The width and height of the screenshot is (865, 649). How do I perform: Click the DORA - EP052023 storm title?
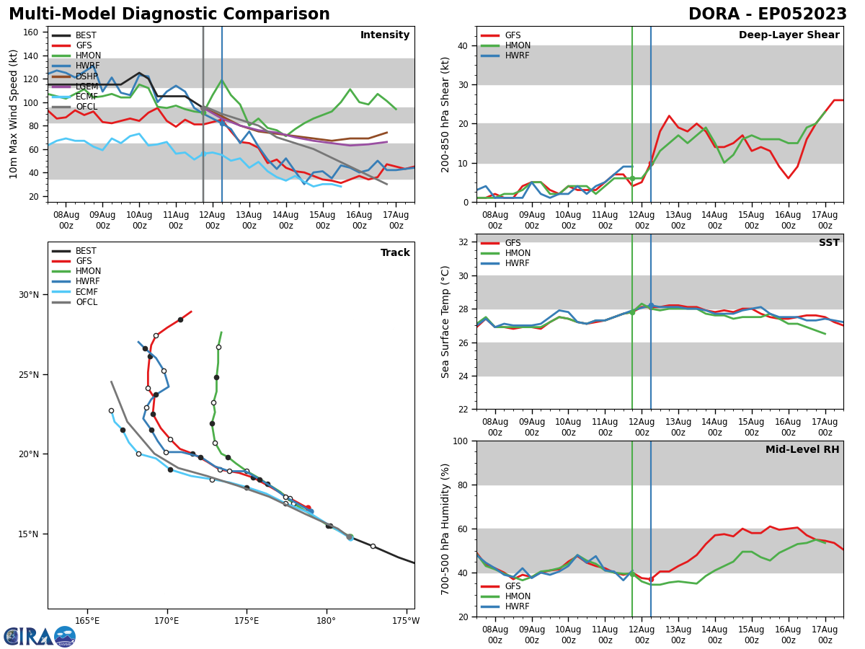[x=767, y=14]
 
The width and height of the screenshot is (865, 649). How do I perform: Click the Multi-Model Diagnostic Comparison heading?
[x=169, y=14]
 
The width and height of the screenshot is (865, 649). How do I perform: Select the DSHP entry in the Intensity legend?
[x=86, y=76]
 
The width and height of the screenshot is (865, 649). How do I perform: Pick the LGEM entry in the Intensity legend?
[x=86, y=86]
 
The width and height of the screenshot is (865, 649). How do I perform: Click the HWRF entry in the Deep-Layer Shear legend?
[x=517, y=56]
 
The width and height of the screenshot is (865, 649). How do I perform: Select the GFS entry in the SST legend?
[x=513, y=243]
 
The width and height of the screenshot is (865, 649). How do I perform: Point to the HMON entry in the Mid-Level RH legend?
[x=517, y=596]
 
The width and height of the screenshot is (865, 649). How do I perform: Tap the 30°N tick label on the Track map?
[x=28, y=294]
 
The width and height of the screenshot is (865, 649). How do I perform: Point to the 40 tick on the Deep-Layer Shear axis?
[x=461, y=45]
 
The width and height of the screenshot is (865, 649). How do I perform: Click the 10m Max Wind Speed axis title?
[x=14, y=114]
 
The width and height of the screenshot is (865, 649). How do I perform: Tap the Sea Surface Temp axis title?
[x=445, y=322]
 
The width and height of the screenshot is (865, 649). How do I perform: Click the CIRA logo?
[x=40, y=636]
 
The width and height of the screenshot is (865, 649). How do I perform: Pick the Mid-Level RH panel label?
[x=802, y=450]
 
